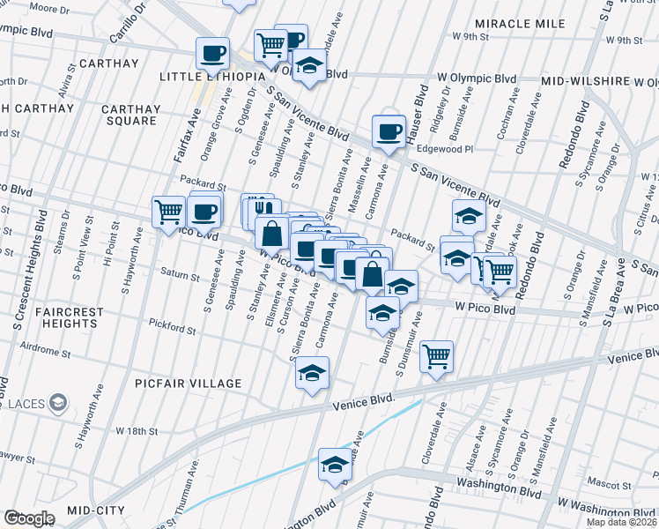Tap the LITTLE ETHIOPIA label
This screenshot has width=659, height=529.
pos(212,77)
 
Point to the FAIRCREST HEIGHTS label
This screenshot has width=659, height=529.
pos(70,318)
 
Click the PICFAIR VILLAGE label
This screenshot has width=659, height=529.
pos(188,384)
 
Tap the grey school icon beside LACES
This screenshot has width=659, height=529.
pos(58,404)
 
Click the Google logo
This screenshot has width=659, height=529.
pos(29,518)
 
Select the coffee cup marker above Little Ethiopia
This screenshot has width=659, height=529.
pos(212,54)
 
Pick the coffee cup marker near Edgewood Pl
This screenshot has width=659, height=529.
pos(388,131)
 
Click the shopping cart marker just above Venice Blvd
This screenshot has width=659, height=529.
pos(437,356)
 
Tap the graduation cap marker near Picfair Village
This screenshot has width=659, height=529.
pos(312,373)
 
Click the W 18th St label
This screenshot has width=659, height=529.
pos(136,431)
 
